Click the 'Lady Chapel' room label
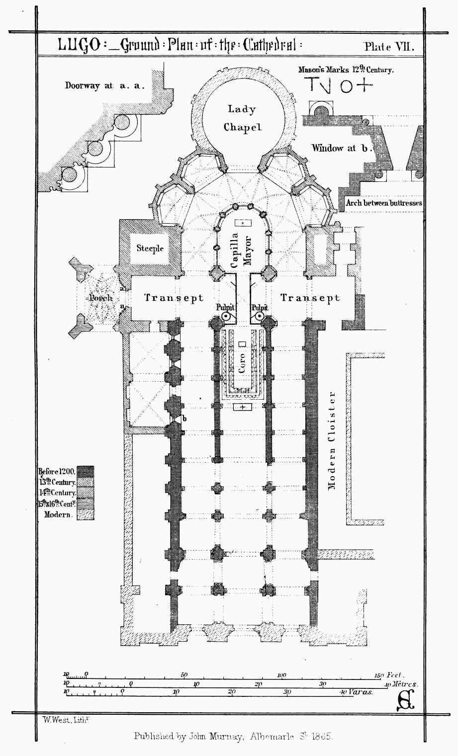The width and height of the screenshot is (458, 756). [242, 118]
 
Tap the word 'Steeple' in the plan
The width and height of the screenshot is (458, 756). [150, 248]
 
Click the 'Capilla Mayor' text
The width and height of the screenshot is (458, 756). [242, 252]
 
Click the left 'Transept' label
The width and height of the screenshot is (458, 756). [174, 298]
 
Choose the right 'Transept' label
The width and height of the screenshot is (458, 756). [310, 298]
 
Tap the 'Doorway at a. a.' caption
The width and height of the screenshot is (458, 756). [104, 85]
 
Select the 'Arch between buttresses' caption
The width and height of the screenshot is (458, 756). [384, 203]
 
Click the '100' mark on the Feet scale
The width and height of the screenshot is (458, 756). [281, 675]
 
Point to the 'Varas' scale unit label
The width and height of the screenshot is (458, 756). [361, 692]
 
